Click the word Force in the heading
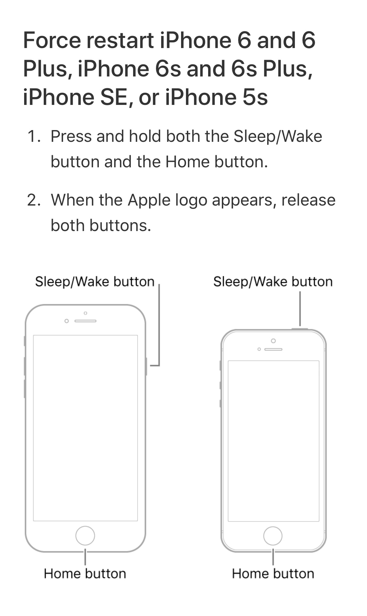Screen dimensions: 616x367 coord(52,40)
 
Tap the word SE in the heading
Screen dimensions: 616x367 coord(114,97)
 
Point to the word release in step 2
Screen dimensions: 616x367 coord(308,200)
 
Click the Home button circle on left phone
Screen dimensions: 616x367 coord(85,536)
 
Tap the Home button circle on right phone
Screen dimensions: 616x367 coord(273,536)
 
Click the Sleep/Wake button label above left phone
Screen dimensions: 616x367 coord(95,282)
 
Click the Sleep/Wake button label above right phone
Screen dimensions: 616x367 coord(273,282)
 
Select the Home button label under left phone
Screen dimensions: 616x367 coord(85,574)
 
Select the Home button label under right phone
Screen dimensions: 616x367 coord(273,574)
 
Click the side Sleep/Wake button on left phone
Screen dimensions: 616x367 coord(146,366)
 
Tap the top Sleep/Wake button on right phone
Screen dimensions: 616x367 coord(300,329)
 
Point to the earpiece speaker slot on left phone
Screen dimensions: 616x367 coord(85,321)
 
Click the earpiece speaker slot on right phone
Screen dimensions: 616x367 coord(273,349)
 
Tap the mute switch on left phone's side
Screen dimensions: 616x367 coord(25,341)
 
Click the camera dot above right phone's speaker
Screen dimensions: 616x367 coord(273,341)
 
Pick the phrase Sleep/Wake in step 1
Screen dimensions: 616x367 coord(278,137)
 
